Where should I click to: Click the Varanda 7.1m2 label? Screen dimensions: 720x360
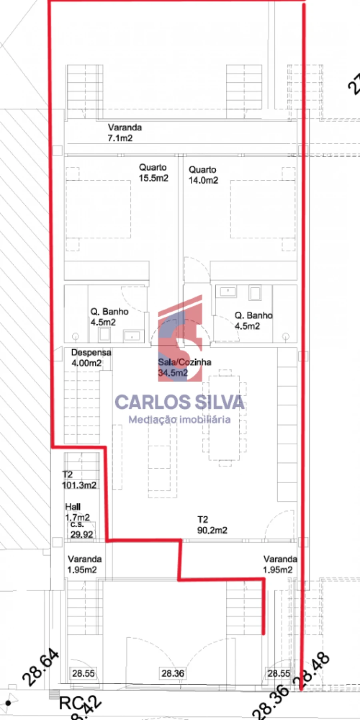click(x=125, y=133)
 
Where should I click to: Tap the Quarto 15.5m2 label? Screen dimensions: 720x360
click(x=153, y=173)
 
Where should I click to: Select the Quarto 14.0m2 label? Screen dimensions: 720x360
click(x=203, y=175)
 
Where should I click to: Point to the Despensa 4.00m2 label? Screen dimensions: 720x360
click(x=91, y=358)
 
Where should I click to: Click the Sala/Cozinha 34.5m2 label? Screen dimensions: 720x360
click(x=184, y=368)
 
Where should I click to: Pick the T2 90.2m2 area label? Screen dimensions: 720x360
click(x=212, y=525)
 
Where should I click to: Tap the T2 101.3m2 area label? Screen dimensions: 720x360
click(x=79, y=480)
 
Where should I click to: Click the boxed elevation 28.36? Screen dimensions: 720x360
click(x=173, y=674)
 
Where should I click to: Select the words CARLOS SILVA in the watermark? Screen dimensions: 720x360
click(x=180, y=402)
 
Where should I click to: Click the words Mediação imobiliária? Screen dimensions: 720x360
click(x=180, y=420)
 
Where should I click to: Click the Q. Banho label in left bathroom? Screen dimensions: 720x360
click(x=109, y=317)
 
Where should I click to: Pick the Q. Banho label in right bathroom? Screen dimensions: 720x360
click(x=253, y=321)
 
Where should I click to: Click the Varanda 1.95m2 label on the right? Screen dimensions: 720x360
click(x=280, y=564)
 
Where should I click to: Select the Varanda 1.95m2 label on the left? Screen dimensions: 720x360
click(x=84, y=564)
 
